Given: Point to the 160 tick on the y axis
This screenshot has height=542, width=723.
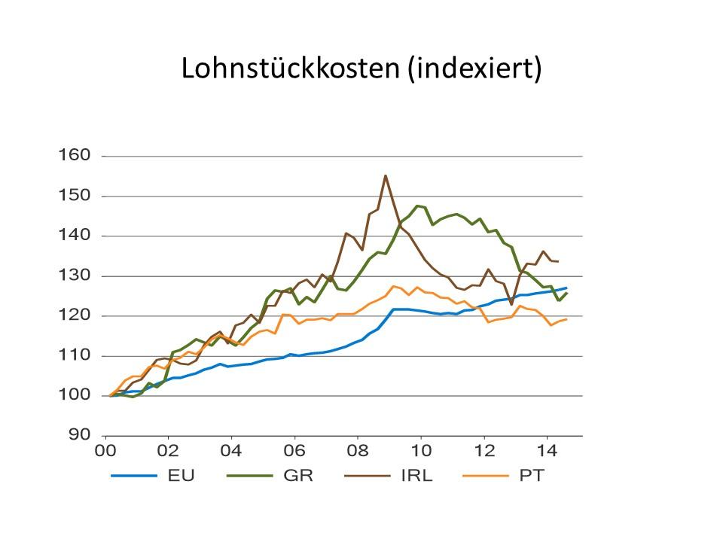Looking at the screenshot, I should coord(75,156).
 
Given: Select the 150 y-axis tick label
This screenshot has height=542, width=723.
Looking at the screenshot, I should coord(75,196).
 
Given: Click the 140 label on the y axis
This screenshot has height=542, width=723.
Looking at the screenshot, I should coord(75,236).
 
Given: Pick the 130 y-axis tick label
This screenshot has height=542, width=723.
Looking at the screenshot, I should coord(75,276).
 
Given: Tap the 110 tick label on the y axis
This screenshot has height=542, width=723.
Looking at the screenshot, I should coord(75,355).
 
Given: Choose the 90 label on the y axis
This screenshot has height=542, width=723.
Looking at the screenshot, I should coord(79,435).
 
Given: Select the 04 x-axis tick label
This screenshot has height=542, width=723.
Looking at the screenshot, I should coord(231,454).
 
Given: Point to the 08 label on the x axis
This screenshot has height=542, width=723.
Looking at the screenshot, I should coord(357,454).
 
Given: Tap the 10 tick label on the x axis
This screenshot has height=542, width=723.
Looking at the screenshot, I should coord(420,454).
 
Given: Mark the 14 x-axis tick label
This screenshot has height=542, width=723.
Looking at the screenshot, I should coord(547,454).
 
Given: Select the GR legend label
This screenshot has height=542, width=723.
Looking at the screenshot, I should coord(304,476).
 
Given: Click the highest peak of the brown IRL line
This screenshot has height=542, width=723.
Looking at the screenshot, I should coord(386,176).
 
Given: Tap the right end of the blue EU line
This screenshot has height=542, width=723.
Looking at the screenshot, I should coord(566,288).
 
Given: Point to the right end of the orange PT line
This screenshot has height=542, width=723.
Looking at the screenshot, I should coord(566,319).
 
